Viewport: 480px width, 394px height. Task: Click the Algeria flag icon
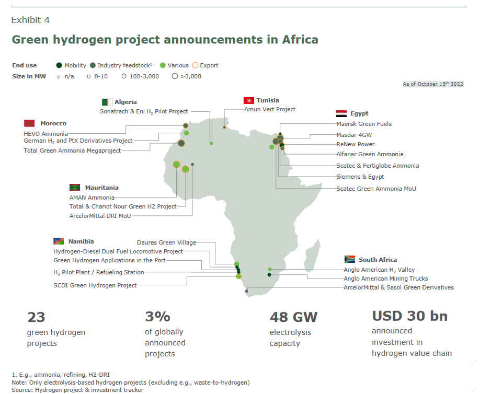pos(107,102)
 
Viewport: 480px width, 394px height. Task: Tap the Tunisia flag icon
pos(248,100)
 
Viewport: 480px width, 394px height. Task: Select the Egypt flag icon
pos(341,113)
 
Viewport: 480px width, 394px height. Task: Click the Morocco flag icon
pos(29,123)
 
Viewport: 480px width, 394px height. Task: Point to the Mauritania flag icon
pos(75,187)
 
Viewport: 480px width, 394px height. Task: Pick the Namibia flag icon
pos(59,241)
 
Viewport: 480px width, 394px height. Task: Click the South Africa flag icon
pos(350,259)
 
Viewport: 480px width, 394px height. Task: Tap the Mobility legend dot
pos(59,65)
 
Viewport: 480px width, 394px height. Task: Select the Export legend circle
pos(195,65)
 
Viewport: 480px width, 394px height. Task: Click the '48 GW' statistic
pos(293,317)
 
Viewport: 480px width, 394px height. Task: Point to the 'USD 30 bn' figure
pos(409,316)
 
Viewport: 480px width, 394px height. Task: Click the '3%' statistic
pos(157,317)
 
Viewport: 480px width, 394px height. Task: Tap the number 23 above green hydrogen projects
pos(36,317)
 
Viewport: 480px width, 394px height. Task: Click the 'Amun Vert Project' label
pos(270,109)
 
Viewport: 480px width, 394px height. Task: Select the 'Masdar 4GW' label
pos(354,134)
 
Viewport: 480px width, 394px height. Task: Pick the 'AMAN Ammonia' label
pos(92,198)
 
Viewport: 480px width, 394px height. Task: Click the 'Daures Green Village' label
pos(166,242)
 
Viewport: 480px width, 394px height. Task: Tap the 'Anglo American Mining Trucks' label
pos(386,279)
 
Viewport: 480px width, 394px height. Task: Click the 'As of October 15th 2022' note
pos(433,84)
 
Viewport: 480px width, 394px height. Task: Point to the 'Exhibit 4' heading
pos(30,20)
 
